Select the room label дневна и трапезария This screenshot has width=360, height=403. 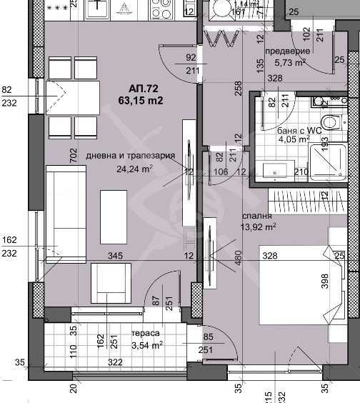(x=131, y=156)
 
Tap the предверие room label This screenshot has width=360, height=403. (x=287, y=51)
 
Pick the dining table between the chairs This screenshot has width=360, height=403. (x=74, y=97)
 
